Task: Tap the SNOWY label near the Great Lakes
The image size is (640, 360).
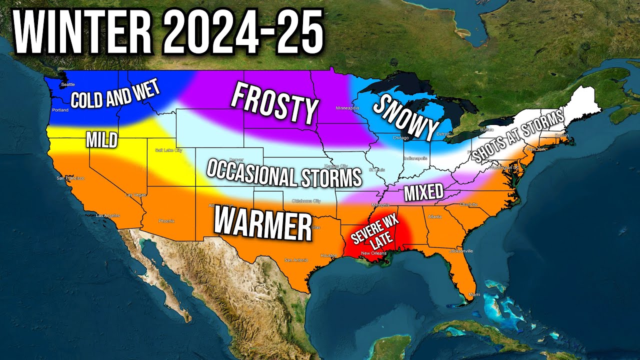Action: pos(406,118)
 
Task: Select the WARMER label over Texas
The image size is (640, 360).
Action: pos(263,223)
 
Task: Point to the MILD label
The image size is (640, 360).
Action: pos(101,139)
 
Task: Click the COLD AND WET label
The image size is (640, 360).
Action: pos(115,94)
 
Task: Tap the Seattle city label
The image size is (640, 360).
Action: pos(67,85)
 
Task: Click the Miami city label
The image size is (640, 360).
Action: pos(473,294)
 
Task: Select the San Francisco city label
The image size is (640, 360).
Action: pos(70,178)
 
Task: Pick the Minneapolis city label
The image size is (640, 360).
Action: pos(347,108)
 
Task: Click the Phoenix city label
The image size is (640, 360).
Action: pos(166,220)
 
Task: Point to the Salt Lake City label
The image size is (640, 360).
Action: pos(168,150)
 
